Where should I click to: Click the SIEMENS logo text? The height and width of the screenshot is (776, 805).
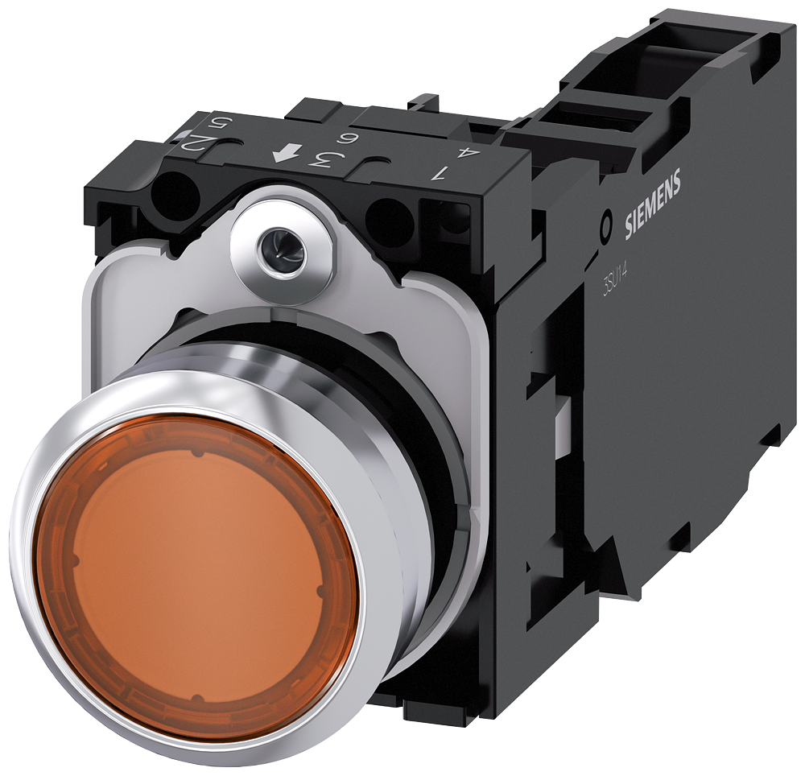[653, 205]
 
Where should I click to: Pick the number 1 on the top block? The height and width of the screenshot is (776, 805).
[440, 171]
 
